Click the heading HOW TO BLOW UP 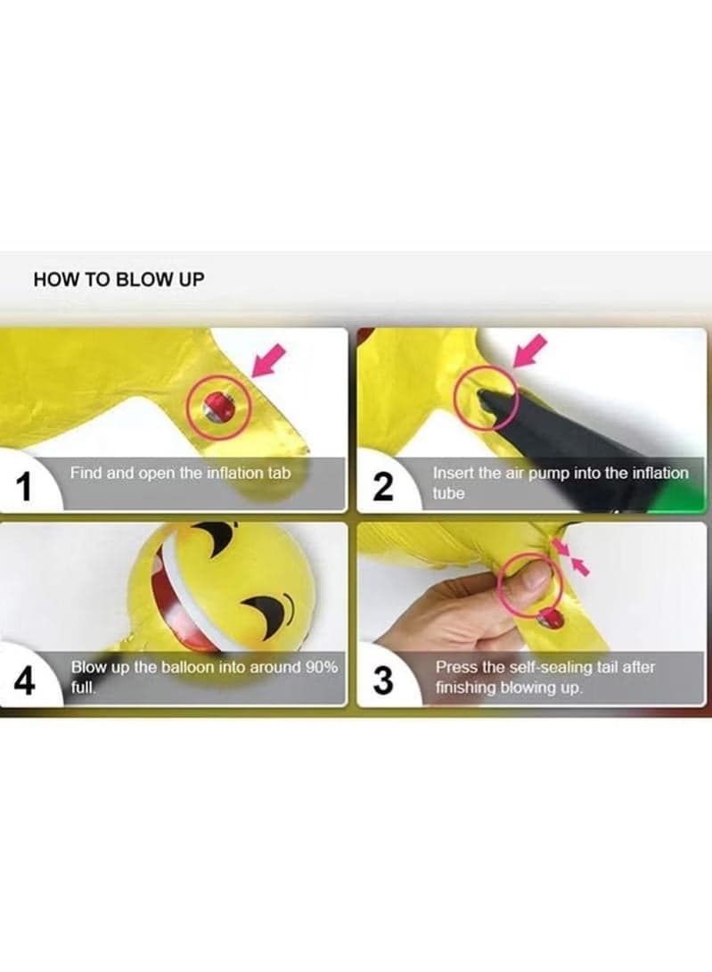pyautogui.click(x=119, y=279)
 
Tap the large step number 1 pyautogui.click(x=23, y=487)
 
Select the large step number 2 pyautogui.click(x=383, y=487)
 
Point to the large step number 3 pyautogui.click(x=383, y=680)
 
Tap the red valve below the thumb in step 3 pyautogui.click(x=551, y=617)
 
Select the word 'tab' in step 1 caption pyautogui.click(x=278, y=473)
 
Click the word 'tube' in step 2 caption pyautogui.click(x=448, y=493)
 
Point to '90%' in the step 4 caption pyautogui.click(x=321, y=667)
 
